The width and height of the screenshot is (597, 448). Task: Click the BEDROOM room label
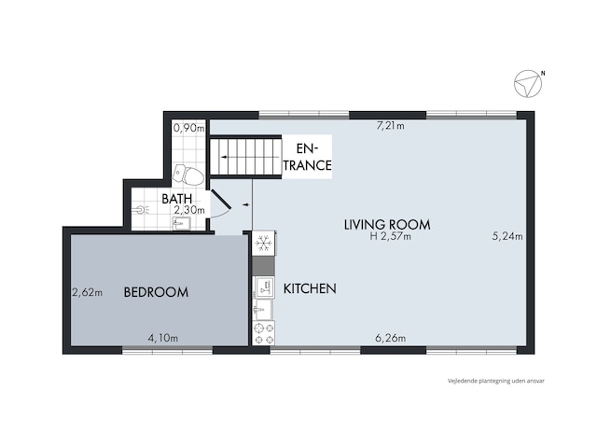[x=156, y=292]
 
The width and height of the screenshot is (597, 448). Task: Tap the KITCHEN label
[x=310, y=288]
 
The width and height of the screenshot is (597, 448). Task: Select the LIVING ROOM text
[x=387, y=224]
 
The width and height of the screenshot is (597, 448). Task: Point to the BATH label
[x=176, y=199]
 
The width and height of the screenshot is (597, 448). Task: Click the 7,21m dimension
[x=390, y=126]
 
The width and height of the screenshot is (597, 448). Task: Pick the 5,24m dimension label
[x=507, y=236]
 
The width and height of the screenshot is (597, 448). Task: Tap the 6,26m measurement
[x=390, y=338]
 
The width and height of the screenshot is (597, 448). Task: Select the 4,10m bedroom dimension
[x=163, y=338]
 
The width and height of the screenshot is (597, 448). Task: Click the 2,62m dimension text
[x=87, y=292]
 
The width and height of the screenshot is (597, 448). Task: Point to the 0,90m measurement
[x=188, y=128]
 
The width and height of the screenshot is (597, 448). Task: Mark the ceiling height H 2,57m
[x=391, y=236]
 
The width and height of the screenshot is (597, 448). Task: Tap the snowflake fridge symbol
[x=263, y=243]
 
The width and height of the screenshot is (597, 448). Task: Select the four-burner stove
[x=263, y=333]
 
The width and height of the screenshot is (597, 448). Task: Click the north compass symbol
[x=528, y=83]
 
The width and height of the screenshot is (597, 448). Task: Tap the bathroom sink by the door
[x=181, y=224]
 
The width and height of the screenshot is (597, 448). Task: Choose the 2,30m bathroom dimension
[x=189, y=210]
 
